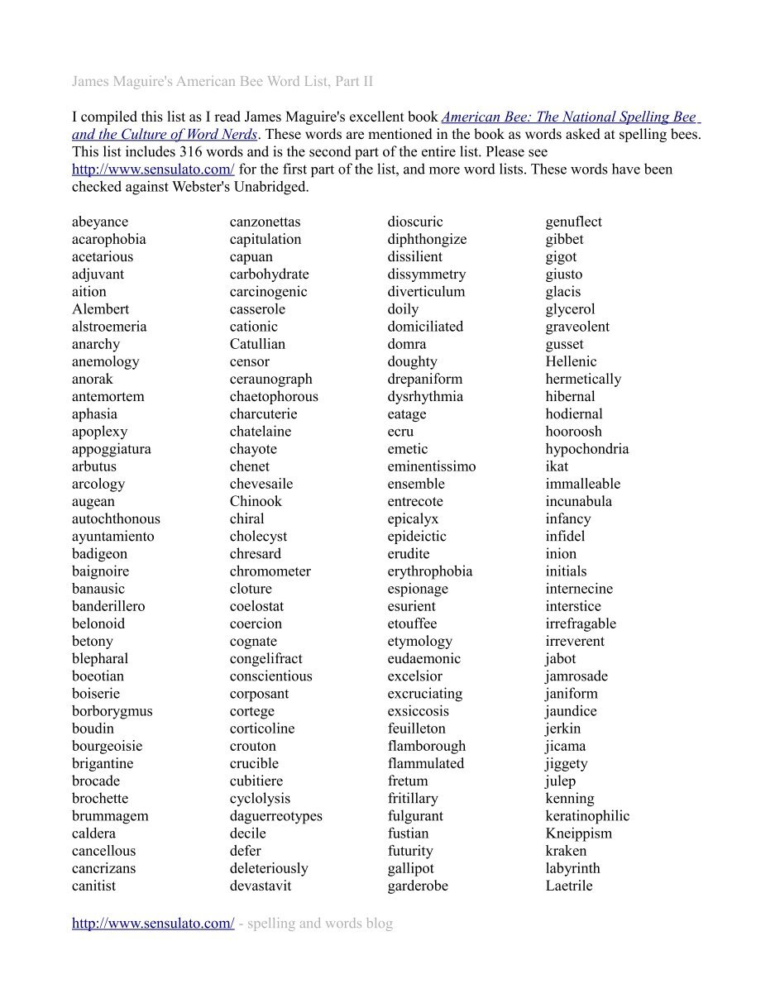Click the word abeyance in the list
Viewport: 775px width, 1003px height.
click(100, 222)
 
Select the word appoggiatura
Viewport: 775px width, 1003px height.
click(111, 449)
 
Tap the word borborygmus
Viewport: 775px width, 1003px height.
click(112, 711)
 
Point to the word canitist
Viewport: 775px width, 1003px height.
click(93, 886)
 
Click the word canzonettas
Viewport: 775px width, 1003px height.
click(265, 222)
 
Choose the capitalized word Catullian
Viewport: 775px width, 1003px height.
click(257, 344)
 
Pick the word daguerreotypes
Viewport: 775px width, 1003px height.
click(275, 816)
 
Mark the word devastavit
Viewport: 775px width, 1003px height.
click(260, 886)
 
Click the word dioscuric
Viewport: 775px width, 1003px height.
click(415, 222)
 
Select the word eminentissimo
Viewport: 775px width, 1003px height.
click(432, 466)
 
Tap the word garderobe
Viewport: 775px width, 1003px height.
click(418, 886)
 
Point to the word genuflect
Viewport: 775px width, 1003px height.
click(573, 222)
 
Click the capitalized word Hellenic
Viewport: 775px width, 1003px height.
click(571, 361)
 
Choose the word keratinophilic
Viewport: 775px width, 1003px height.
click(587, 816)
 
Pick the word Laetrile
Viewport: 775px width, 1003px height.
click(569, 886)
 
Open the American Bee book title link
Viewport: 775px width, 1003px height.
click(571, 117)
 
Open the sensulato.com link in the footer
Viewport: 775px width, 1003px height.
click(153, 923)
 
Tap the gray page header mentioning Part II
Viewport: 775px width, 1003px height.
click(222, 81)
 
